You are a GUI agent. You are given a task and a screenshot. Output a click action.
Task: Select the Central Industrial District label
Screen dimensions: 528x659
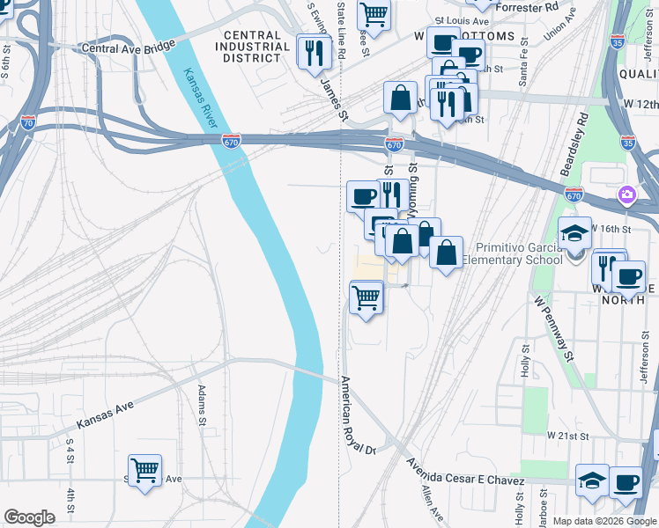[x=248, y=47]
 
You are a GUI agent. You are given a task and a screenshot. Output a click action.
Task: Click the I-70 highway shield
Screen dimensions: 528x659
[x=27, y=123]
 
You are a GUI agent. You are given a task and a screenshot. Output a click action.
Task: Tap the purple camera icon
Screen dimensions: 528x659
[x=626, y=194]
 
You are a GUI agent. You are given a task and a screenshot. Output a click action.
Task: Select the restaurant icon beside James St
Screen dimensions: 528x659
[x=313, y=52]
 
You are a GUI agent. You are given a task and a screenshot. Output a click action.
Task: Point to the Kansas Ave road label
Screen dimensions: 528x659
[x=105, y=414]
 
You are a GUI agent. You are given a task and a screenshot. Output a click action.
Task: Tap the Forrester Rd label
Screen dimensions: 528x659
[x=528, y=6]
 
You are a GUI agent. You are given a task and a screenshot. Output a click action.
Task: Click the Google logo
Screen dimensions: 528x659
[x=30, y=517]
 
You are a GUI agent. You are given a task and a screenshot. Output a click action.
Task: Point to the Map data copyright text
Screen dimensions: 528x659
[x=603, y=521]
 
